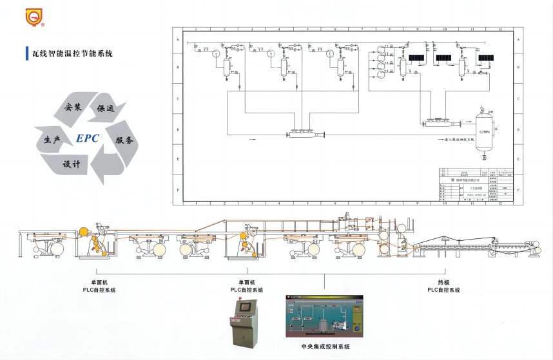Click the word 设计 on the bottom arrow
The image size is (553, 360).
coord(72,164)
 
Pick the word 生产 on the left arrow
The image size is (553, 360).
coord(52,139)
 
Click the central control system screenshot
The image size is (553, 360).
coord(325,317)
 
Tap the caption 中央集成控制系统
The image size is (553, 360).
coord(325,346)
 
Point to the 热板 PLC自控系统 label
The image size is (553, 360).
coord(443,287)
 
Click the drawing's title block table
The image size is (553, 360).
coord(474,185)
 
